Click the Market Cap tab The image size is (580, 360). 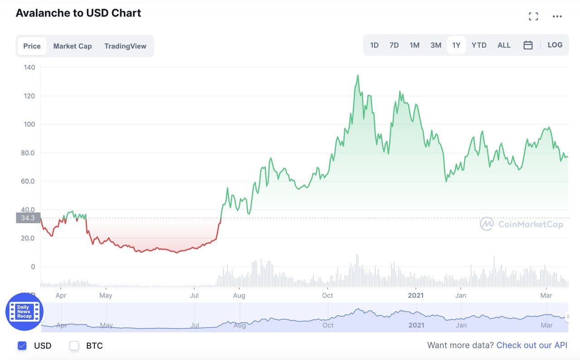pos(72,46)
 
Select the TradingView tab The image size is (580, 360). pos(125,46)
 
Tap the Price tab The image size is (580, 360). pos(32,46)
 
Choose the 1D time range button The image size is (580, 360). pos(374,45)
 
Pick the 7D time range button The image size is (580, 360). pos(394,45)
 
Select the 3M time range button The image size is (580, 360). pos(436,45)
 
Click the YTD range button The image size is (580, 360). pos(479,45)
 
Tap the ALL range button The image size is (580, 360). pos(504,45)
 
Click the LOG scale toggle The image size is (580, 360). pos(555,45)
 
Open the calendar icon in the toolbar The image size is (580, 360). pos(528,45)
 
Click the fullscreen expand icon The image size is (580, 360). pos(533,17)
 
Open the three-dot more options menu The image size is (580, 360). pos(557,17)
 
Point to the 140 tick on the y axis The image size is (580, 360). pos(29,67)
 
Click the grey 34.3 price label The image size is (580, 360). pos(28,218)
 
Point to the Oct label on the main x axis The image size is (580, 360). pos(327,295)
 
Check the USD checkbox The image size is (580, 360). pos(22,346)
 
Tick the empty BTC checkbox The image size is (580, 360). pos(74,346)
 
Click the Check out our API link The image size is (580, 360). pos(532,346)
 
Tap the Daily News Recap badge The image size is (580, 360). pos(24,312)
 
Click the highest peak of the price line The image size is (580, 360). pos(358,76)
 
